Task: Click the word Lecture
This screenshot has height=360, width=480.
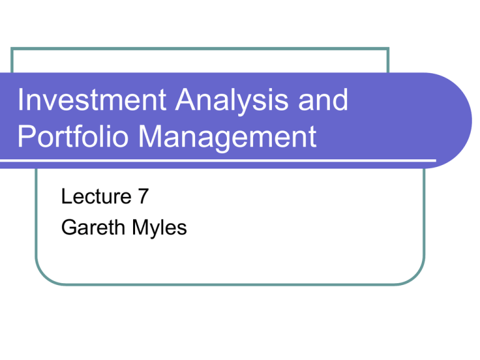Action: [x=93, y=199]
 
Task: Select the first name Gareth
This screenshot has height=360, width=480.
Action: [x=89, y=227]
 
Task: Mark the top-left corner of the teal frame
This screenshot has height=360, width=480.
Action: [x=12, y=48]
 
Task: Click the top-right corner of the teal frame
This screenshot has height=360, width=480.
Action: [x=388, y=48]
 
